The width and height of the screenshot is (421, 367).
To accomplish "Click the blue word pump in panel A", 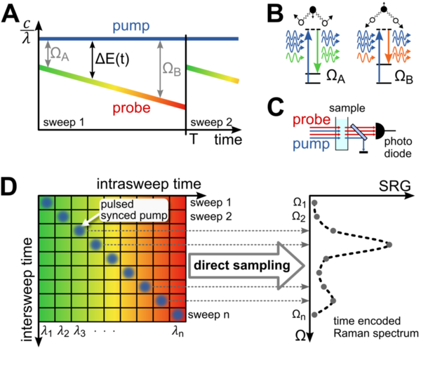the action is point(131,27).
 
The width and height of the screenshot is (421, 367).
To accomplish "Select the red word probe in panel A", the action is point(132,108).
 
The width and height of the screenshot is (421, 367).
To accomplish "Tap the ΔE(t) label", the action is point(112,59).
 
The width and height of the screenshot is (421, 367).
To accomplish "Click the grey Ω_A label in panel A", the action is point(60,54).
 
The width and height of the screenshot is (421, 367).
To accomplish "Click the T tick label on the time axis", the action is point(194,140).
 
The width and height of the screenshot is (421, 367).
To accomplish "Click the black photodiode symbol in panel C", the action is point(380,131).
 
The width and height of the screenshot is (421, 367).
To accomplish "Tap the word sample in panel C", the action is point(347,108).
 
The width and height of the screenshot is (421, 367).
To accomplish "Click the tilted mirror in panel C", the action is point(359,132).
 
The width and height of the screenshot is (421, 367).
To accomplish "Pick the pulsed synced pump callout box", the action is point(134,210).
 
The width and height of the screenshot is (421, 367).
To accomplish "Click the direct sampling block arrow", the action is point(246,266).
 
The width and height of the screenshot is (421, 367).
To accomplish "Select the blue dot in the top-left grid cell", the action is point(47,202).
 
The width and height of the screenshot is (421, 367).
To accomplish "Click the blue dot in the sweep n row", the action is point(178,314).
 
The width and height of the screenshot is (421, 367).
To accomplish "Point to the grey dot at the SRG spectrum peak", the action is point(389,245).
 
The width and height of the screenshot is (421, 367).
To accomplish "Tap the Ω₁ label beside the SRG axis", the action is point(300,203).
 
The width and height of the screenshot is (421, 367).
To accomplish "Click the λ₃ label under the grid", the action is point(79,331).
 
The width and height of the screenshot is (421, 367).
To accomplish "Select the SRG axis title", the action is point(394,186).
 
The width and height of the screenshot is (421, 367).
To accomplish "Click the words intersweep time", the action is point(27,290).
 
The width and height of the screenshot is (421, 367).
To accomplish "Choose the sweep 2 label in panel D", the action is point(210,216).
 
